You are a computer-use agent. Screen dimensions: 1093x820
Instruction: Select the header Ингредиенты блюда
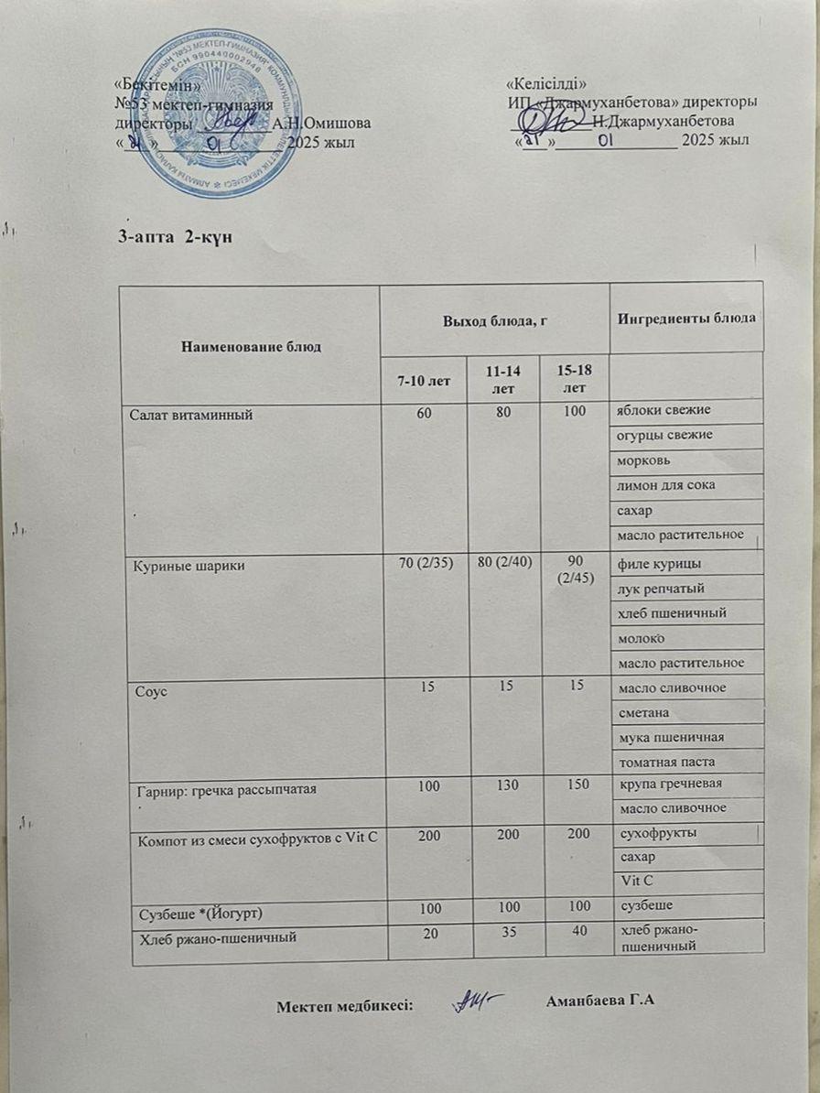pyautogui.click(x=686, y=318)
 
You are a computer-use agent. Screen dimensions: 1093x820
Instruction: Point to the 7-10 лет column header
pyautogui.click(x=423, y=380)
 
